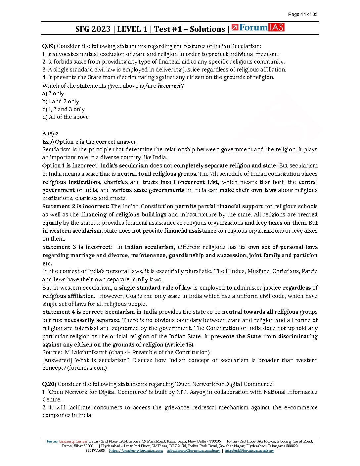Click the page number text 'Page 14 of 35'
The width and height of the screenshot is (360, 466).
(302, 14)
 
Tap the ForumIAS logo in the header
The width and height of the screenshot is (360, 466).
(258, 28)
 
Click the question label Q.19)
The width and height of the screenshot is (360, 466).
(48, 46)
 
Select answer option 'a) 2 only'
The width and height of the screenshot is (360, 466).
(53, 94)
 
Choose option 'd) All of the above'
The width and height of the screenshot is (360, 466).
(66, 117)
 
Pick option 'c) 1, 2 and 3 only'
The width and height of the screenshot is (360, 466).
(64, 109)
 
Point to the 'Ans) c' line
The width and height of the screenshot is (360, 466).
(50, 133)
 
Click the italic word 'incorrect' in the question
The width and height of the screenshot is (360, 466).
(169, 86)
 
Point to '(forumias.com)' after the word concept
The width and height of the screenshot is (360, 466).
(87, 368)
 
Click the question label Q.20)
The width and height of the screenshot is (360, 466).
(49, 384)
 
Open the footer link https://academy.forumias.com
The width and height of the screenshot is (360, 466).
(136, 451)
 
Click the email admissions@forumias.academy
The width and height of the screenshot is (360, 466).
(193, 451)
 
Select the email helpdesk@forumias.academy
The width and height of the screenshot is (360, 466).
(249, 451)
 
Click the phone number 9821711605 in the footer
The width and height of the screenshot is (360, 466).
(95, 451)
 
